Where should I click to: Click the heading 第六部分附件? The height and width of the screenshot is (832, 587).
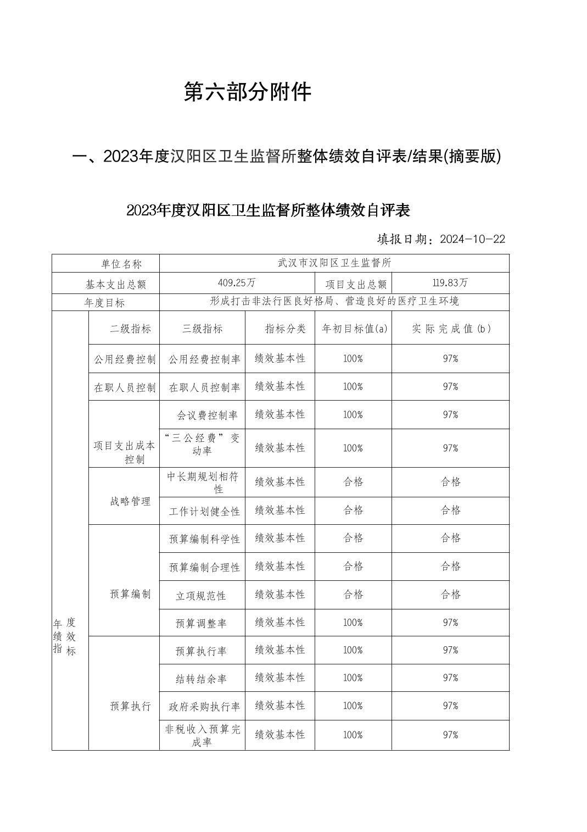247,92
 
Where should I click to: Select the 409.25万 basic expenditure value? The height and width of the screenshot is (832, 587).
237,283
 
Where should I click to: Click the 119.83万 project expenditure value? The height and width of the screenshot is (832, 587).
450,283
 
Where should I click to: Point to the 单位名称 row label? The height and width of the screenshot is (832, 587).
121,264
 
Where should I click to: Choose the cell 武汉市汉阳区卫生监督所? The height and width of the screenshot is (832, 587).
334,263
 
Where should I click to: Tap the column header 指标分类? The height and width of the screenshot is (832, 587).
285,329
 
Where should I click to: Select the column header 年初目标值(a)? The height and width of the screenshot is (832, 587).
354,329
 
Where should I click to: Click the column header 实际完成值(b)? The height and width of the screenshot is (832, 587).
451,329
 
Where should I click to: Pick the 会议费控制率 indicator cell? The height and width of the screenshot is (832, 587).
207,415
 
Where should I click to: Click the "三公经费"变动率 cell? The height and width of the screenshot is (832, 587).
202,445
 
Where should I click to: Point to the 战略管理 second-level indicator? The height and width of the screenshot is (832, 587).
130,502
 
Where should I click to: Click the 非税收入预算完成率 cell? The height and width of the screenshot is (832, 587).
203,735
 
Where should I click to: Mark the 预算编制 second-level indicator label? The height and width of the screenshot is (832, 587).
130,594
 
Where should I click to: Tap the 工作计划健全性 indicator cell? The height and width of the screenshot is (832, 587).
204,512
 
